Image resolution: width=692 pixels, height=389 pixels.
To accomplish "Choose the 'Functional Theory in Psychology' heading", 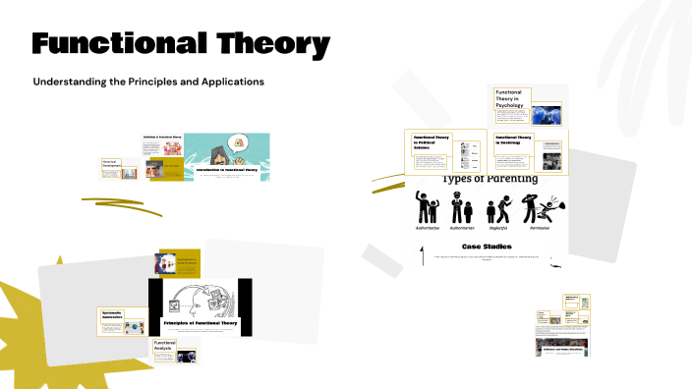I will [511, 98].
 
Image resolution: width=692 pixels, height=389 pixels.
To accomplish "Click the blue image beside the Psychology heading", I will [547, 114].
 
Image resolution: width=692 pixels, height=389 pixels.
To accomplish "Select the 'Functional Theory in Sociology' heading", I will [513, 140].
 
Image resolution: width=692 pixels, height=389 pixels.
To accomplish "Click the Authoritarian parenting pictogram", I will [462, 206].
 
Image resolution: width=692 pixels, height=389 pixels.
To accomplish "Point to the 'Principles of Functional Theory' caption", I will [201, 322].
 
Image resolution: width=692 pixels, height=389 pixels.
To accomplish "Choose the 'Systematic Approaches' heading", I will [120, 315].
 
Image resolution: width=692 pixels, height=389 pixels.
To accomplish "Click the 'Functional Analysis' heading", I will [163, 345].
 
